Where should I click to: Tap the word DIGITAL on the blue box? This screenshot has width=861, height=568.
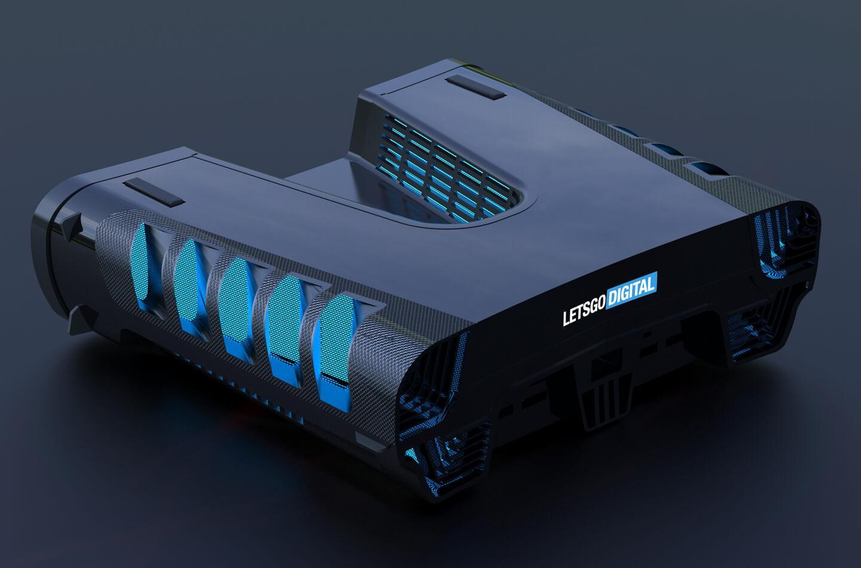(631, 289)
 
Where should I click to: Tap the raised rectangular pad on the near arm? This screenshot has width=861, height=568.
(154, 192)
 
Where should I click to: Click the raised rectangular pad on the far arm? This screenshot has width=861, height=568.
(475, 88)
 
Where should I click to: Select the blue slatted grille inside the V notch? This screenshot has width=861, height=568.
(446, 169)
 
